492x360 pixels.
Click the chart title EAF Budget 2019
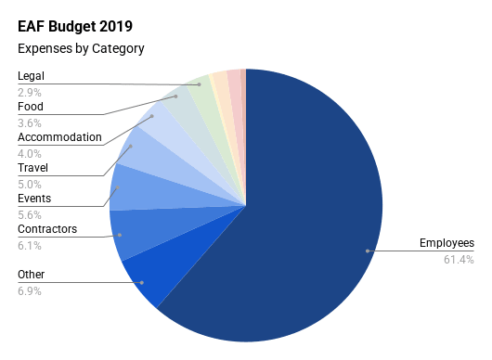(75, 26)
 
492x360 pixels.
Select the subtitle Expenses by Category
(81, 49)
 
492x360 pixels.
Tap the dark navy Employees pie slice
(298, 220)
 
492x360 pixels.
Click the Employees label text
(447, 243)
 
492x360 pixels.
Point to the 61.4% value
(459, 260)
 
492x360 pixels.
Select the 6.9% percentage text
(30, 291)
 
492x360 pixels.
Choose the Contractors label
(47, 229)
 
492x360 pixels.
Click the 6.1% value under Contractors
(30, 246)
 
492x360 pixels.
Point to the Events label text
(34, 199)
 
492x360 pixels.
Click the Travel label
(32, 168)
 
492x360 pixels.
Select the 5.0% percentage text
(30, 185)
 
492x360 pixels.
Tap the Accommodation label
(59, 137)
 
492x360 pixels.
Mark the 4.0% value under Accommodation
(30, 154)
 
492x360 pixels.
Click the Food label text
(31, 107)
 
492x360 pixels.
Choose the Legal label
(31, 76)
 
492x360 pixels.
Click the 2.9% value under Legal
(30, 93)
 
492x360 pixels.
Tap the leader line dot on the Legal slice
(200, 84)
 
